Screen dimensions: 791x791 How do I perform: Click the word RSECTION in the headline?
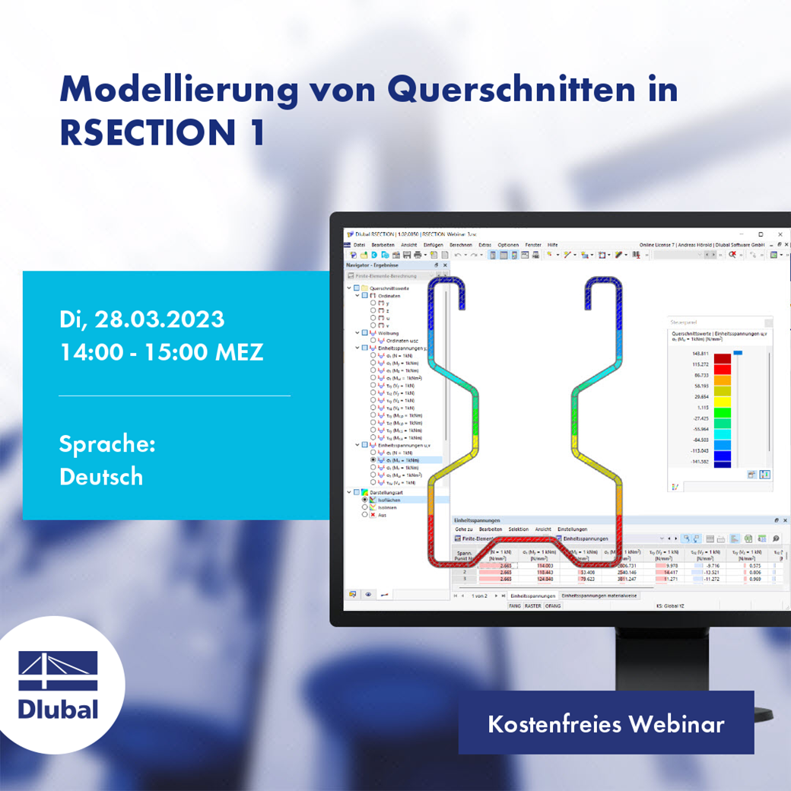[145, 132]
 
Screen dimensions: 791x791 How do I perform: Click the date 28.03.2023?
[159, 319]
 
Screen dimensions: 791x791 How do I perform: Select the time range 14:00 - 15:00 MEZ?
[161, 352]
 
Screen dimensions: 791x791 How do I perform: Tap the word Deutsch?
[101, 477]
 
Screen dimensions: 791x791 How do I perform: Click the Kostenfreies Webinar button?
[605, 723]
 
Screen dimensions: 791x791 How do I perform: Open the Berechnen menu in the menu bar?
[461, 245]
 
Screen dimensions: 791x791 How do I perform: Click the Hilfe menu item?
[552, 245]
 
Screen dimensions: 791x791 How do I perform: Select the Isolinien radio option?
[388, 507]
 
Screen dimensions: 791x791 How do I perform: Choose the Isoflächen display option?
[389, 500]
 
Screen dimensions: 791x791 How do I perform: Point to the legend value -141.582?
[679, 461]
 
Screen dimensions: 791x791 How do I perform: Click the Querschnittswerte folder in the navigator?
[390, 288]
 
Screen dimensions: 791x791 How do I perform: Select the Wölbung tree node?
[379, 333]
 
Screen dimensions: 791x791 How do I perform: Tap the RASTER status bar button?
[532, 606]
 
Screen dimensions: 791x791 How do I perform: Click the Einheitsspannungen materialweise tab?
[599, 596]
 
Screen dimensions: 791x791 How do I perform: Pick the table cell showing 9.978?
[672, 565]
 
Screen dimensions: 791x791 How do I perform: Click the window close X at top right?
[780, 234]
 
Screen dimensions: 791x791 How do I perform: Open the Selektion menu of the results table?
[519, 529]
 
